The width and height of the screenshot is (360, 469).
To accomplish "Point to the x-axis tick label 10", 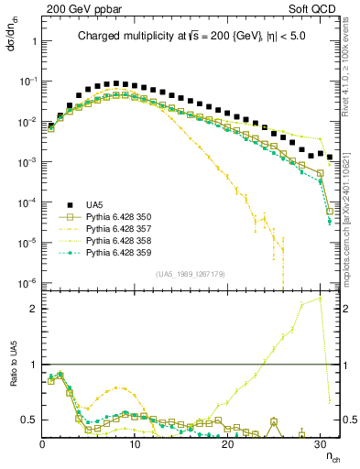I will click(135, 443).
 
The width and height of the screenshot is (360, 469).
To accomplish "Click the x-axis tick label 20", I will click(227, 443).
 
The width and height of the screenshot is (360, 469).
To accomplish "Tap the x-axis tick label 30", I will click(320, 443).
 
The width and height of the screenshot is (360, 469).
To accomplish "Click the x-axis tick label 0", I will click(43, 443).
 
